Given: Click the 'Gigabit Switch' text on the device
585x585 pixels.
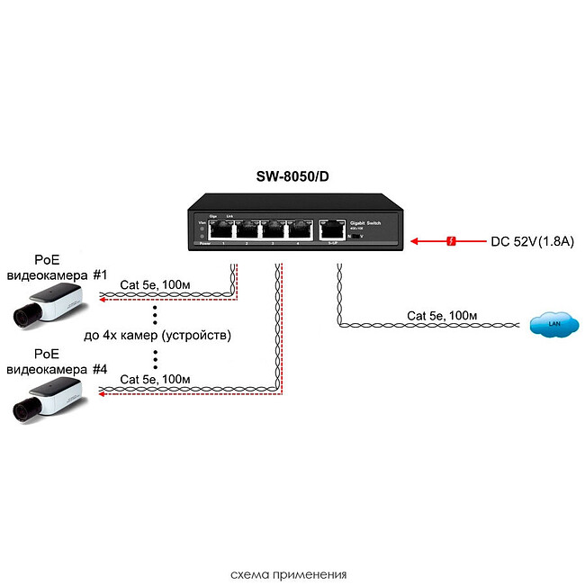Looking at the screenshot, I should pos(366,220).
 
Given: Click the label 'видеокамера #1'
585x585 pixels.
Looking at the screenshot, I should pos(57,274).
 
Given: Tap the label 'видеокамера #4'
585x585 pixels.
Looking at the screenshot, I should pos(57,369).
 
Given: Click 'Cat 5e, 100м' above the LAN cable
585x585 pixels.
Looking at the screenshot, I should pos(442,315).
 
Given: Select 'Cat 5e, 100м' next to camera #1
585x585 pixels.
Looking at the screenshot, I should pos(155,285).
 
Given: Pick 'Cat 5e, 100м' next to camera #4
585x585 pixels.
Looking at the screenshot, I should pos(155,380).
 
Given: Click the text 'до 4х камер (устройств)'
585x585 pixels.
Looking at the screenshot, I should pos(157,336).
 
